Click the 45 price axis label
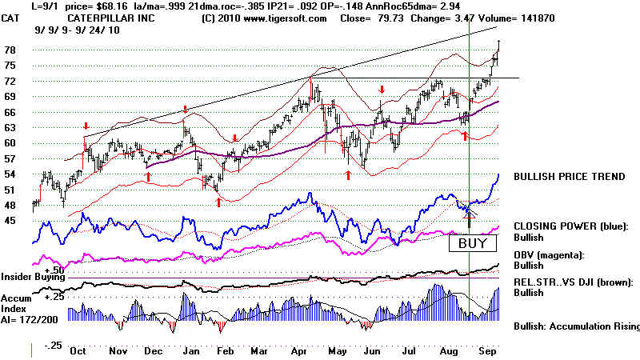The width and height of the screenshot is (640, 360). (x=11, y=221)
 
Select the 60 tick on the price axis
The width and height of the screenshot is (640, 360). (x=11, y=143)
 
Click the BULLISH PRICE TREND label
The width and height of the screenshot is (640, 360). (x=568, y=177)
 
